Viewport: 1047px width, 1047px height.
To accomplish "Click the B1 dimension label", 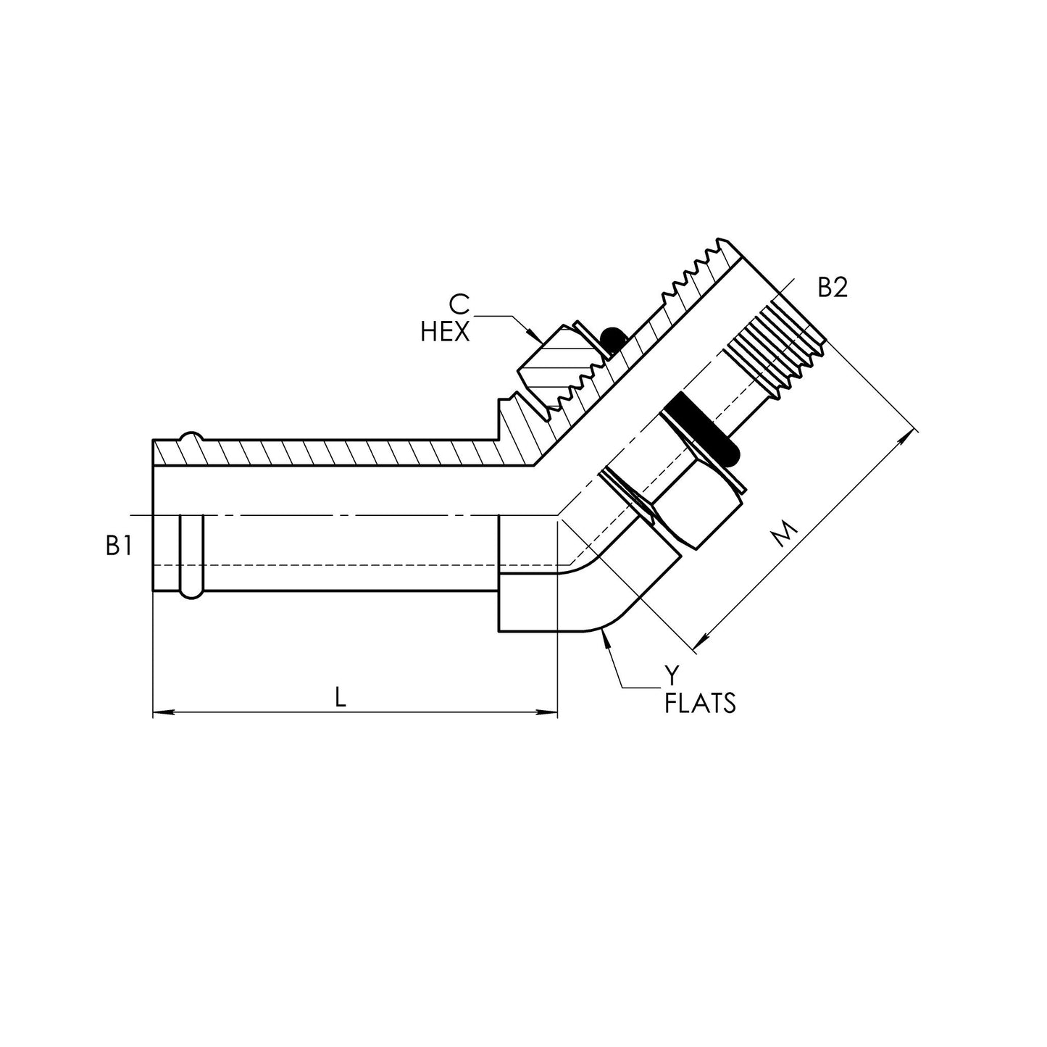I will point(119,546).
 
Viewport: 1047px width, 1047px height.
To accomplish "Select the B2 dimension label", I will point(833,288).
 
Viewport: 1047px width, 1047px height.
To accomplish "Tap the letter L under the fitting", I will point(341,697).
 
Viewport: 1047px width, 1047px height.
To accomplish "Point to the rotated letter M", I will point(783,535).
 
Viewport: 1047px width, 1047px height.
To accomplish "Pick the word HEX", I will point(445,333).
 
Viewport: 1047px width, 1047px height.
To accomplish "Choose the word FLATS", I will point(700,703).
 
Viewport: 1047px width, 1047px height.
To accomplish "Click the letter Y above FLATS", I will point(672,675).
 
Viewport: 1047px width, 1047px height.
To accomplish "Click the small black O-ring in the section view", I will point(613,338).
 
